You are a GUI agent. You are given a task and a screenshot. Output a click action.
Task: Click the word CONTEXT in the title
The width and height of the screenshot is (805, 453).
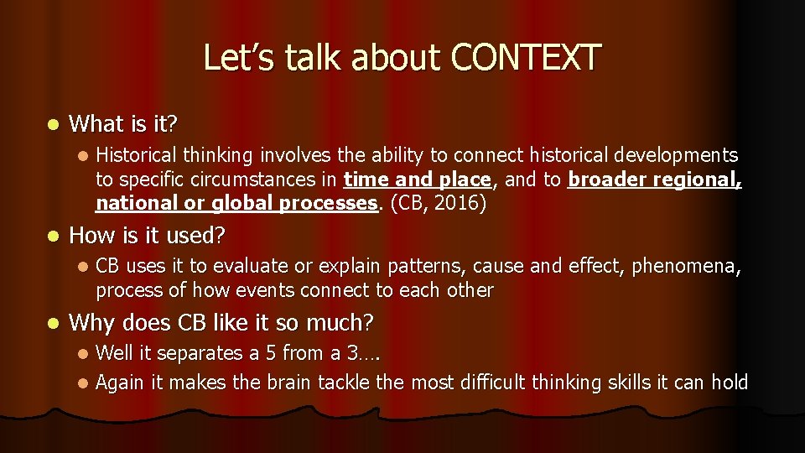tap(526, 58)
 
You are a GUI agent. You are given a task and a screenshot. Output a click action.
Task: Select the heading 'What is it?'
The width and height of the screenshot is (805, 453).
tap(123, 125)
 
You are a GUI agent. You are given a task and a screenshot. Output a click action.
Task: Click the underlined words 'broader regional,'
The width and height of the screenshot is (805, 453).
tap(655, 180)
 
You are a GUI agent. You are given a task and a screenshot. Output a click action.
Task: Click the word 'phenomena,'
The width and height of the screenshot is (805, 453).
tap(687, 266)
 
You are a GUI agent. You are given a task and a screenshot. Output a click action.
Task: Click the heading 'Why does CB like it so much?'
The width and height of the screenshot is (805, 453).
tap(221, 321)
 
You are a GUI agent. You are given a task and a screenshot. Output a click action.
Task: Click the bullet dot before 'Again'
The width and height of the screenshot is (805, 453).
tap(81, 383)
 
